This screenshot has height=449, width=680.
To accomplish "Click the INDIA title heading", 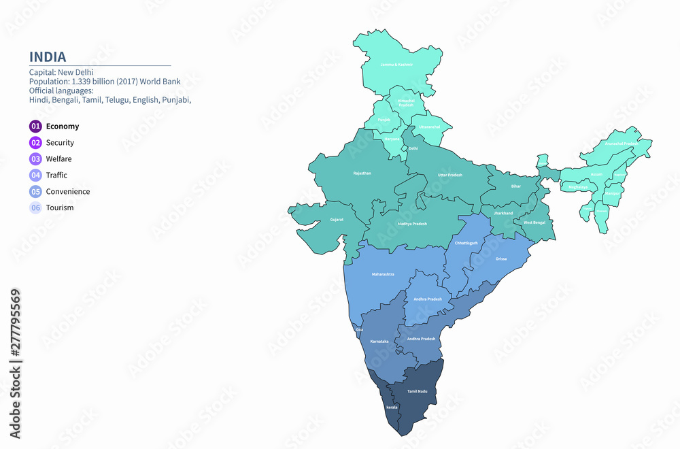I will [x=48, y=56].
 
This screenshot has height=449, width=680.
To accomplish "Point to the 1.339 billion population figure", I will [x=98, y=82].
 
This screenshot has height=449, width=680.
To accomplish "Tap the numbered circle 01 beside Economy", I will [x=35, y=126].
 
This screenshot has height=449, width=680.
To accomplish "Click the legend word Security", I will [x=60, y=143].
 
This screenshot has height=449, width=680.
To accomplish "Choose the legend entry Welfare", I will [x=58, y=159].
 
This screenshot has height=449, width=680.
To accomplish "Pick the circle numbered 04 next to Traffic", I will [x=35, y=176].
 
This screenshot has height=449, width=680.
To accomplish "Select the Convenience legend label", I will [x=67, y=192].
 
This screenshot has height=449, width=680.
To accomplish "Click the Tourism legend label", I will [x=60, y=208].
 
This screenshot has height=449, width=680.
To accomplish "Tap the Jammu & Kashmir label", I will [x=396, y=65].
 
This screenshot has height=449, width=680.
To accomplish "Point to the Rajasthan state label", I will [x=362, y=173].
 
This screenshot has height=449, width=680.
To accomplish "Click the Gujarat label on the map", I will [x=337, y=220].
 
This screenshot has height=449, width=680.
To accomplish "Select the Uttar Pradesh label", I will [x=449, y=175].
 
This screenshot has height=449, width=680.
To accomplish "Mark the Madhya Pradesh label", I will [x=412, y=224].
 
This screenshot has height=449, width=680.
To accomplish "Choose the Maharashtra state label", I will [x=383, y=274].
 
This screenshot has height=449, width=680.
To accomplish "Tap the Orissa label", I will [x=501, y=259].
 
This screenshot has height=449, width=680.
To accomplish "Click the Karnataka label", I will [x=379, y=341].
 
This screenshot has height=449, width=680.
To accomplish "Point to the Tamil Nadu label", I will [x=417, y=392].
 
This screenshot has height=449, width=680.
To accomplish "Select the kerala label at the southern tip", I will [x=392, y=407].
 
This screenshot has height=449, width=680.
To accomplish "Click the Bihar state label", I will [x=516, y=186].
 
